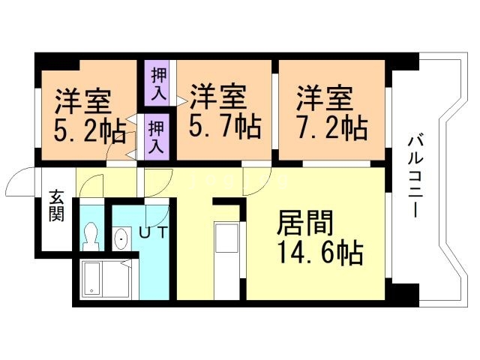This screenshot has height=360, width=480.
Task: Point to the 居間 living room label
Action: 303,223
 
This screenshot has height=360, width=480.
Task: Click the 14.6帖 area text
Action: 320,253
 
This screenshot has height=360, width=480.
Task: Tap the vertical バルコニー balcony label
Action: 414,175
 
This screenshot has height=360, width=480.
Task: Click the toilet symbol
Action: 91,236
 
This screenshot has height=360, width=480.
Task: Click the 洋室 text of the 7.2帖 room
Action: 324,97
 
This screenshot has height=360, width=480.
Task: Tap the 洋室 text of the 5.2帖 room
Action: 82,100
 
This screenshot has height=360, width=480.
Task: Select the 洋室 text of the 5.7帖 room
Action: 217,97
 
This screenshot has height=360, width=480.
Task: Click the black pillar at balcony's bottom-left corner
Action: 404,293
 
